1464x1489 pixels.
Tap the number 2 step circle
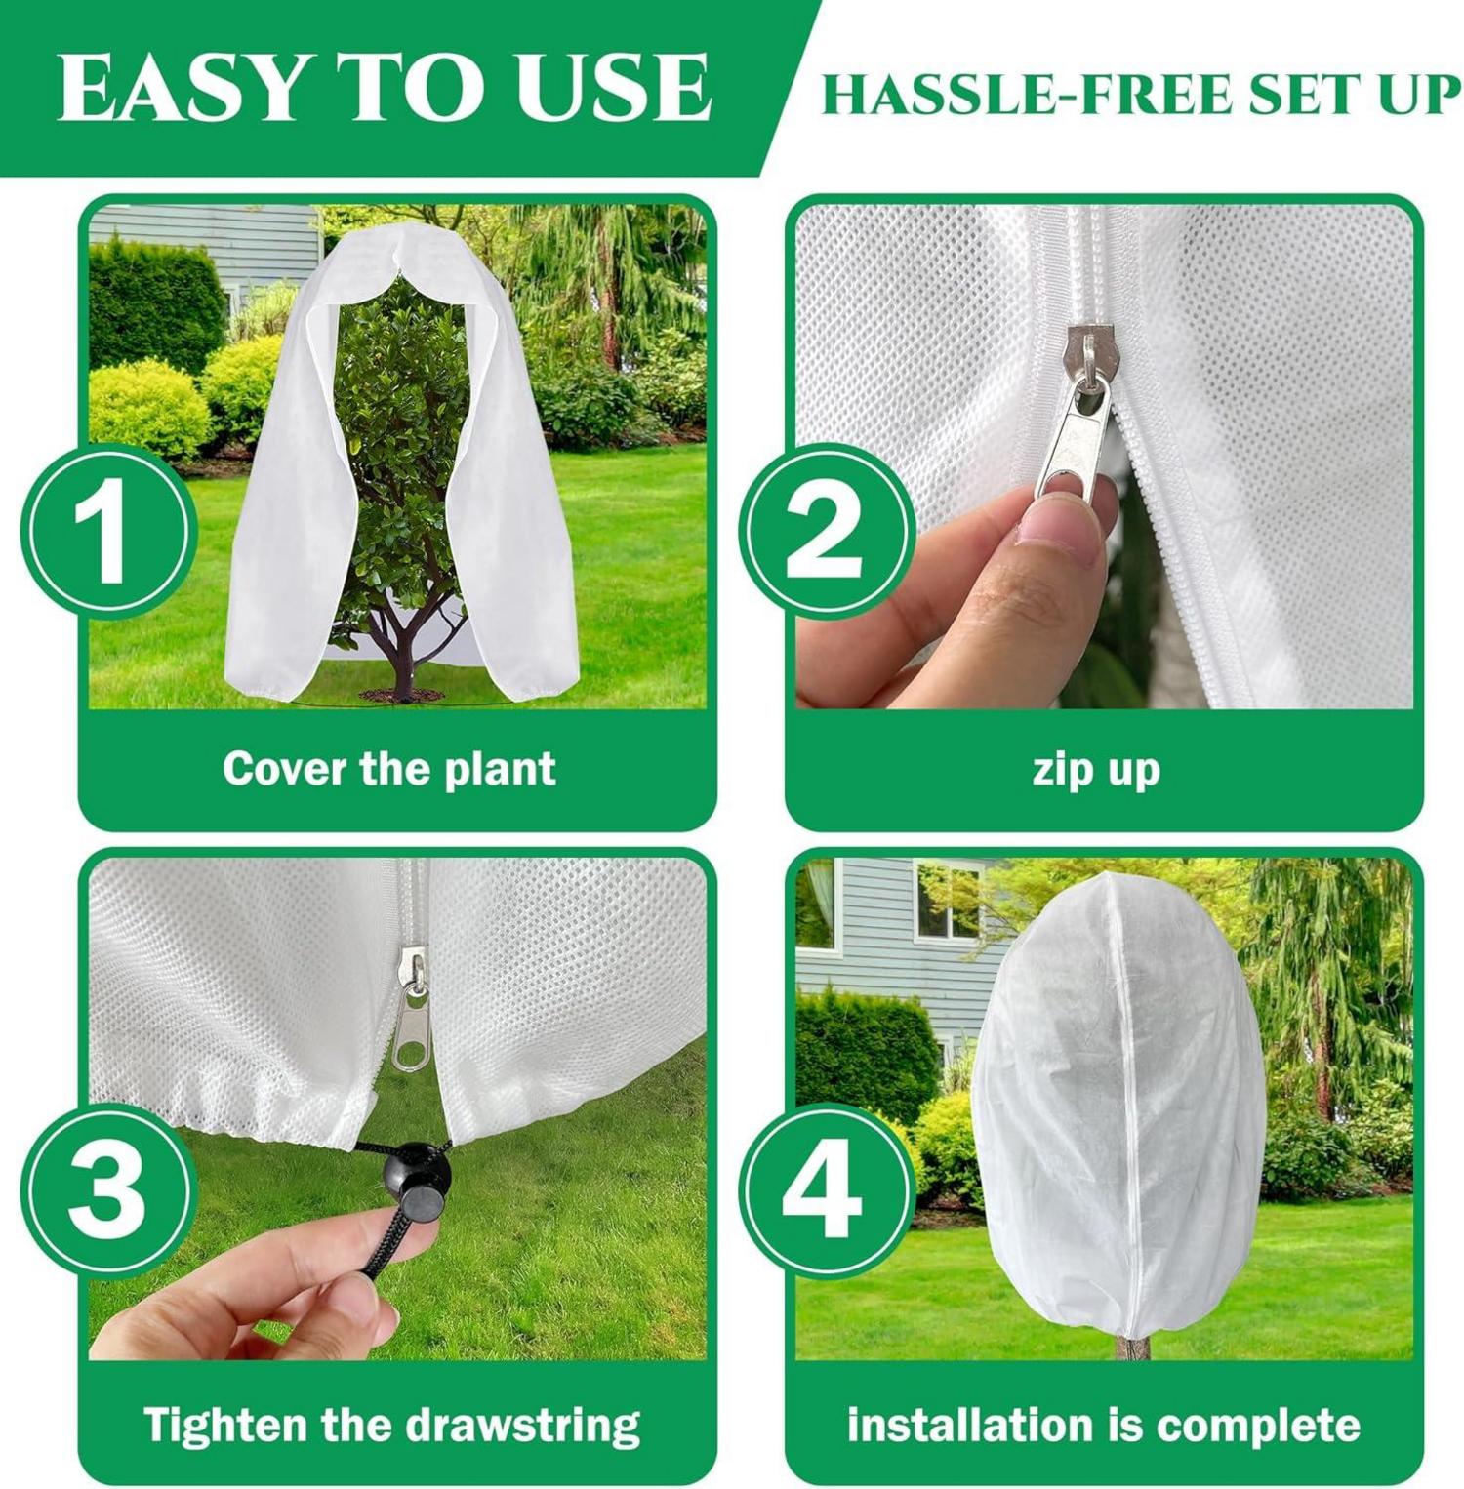pos(828,532)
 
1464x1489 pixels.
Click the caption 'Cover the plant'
pos(389,768)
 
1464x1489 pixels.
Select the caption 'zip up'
pos(1096,770)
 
